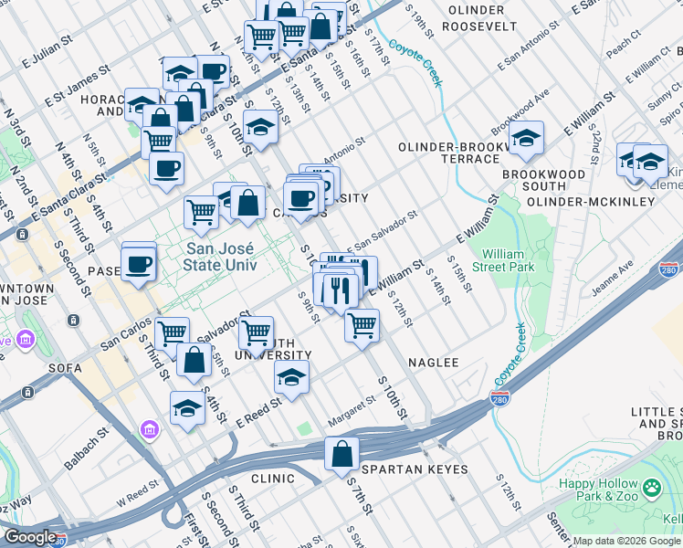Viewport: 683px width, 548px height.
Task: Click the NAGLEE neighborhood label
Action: (x=433, y=363)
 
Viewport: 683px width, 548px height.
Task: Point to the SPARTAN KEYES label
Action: (x=415, y=469)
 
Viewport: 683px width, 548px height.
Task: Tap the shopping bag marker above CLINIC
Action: (x=341, y=454)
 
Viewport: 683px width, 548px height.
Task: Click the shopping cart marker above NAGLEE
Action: (x=363, y=324)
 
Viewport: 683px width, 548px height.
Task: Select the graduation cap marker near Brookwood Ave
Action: (x=526, y=139)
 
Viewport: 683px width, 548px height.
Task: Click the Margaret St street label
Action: (x=358, y=403)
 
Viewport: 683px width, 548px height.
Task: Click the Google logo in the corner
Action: (x=29, y=537)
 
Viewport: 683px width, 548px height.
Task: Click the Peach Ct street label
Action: (x=624, y=43)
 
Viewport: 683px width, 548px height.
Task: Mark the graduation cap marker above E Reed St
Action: (x=291, y=376)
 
